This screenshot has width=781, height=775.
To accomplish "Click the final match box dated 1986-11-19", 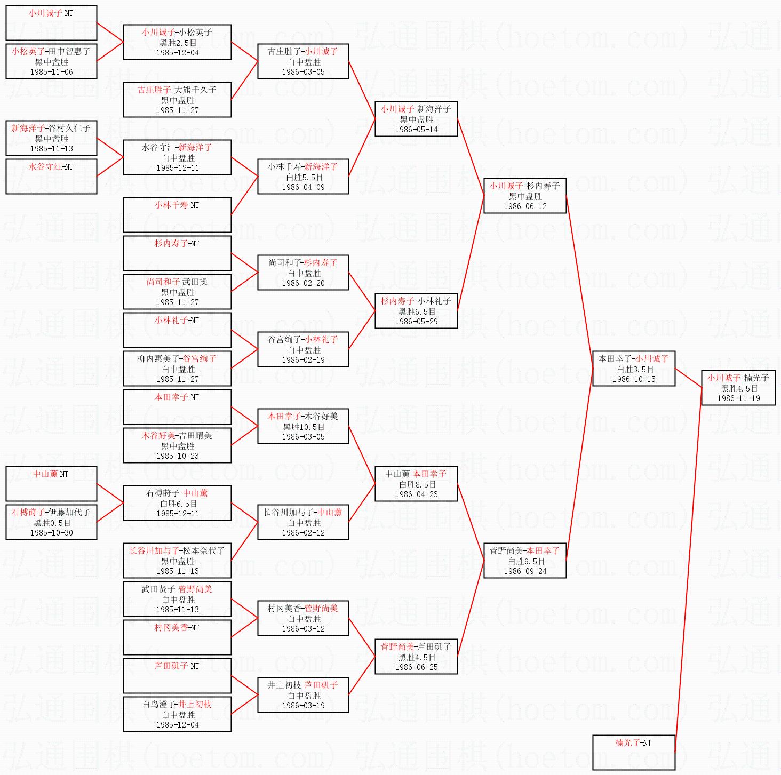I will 738,388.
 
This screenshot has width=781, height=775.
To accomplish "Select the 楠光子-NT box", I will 633,752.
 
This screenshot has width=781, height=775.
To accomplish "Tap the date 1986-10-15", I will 634,379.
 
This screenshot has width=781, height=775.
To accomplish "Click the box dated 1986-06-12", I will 524,196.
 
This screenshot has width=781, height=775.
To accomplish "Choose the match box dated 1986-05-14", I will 416,119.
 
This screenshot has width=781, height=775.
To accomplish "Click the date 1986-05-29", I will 416,322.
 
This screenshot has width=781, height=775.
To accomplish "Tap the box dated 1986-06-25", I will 416,657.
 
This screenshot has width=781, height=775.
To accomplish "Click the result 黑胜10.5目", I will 304,427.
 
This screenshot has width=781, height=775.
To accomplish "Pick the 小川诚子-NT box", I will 51,23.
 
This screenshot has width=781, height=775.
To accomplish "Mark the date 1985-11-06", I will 51,72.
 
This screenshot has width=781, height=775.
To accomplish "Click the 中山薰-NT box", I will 51,484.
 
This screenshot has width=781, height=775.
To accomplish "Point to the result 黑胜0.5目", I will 52,523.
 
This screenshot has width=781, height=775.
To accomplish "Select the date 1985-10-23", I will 177,456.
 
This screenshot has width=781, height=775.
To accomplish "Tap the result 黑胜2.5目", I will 178,43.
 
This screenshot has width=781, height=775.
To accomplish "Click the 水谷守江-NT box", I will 51,177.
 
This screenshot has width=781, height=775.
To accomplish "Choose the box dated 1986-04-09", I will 303,177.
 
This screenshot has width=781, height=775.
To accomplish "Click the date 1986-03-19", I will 303,706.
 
